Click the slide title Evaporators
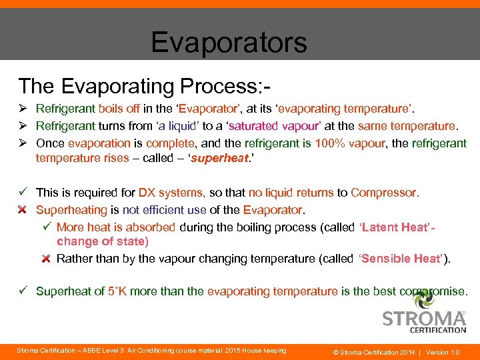[229, 42]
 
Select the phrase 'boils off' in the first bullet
[119, 108]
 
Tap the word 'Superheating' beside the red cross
[71, 210]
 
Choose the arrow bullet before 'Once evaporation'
[23, 143]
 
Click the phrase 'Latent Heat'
[397, 227]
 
